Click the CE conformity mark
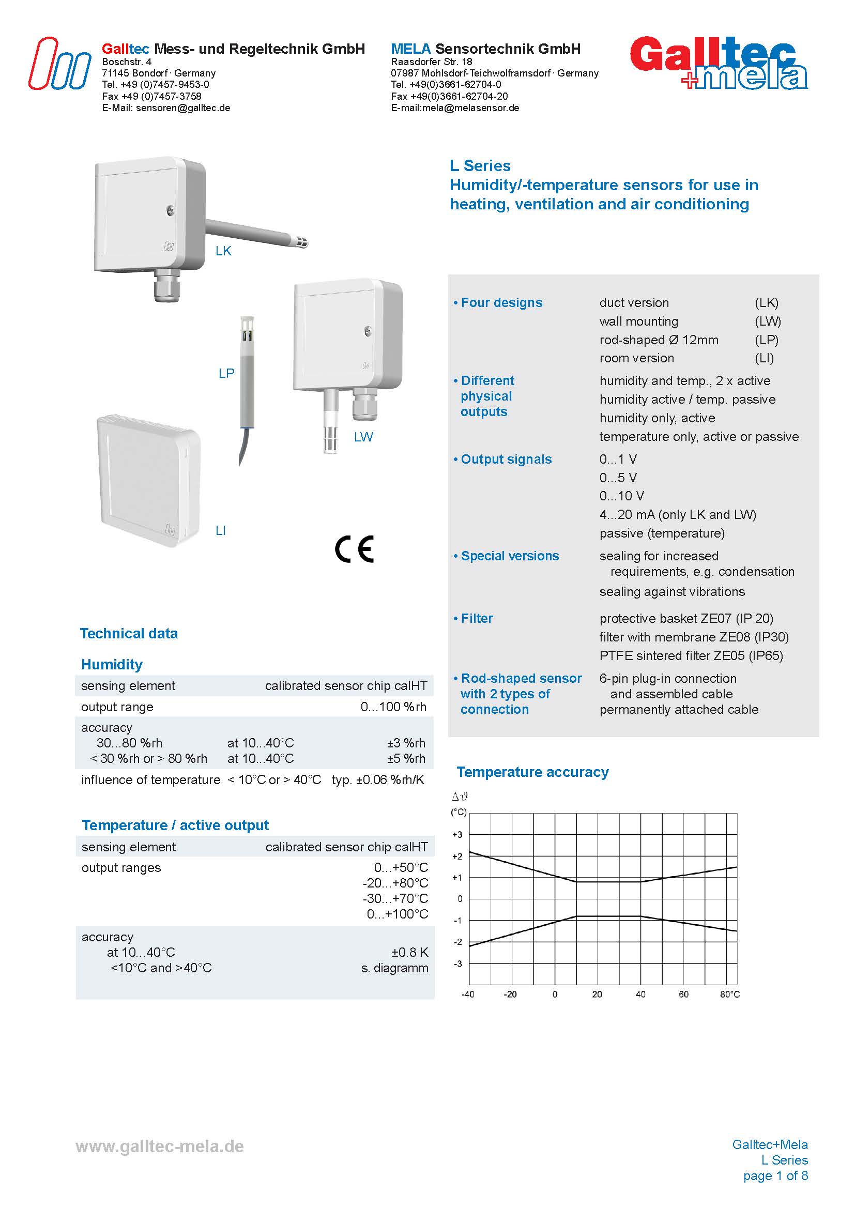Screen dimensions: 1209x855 pyautogui.click(x=354, y=549)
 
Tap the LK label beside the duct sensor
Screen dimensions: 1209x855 pyautogui.click(x=223, y=251)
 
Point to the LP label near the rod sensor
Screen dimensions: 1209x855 pyautogui.click(x=226, y=373)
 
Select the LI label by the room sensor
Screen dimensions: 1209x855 pyautogui.click(x=221, y=530)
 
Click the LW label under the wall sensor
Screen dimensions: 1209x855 pyautogui.click(x=363, y=437)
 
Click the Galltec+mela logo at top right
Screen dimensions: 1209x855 pyautogui.click(x=719, y=63)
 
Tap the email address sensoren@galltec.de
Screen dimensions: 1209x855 pyautogui.click(x=182, y=108)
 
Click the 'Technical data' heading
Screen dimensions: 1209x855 pyautogui.click(x=129, y=633)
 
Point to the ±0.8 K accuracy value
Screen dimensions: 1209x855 pyautogui.click(x=409, y=952)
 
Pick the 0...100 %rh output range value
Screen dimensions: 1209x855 pyautogui.click(x=393, y=707)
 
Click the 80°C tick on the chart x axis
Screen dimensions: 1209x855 pyautogui.click(x=730, y=994)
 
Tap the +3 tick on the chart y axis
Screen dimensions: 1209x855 pyautogui.click(x=457, y=835)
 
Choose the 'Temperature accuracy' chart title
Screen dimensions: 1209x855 pyautogui.click(x=532, y=772)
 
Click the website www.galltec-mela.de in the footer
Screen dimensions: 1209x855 pyautogui.click(x=160, y=1146)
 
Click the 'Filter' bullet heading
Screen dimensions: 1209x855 pyautogui.click(x=477, y=618)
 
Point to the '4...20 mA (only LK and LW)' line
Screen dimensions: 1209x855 pyautogui.click(x=678, y=514)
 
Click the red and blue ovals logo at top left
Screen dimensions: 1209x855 pyautogui.click(x=59, y=64)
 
